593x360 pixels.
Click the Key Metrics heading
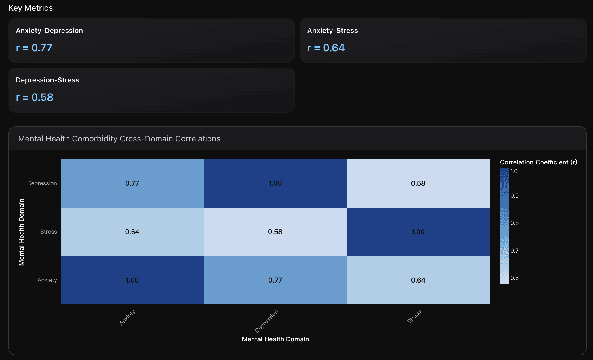(x=31, y=8)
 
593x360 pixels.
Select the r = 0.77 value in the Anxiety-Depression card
(x=34, y=48)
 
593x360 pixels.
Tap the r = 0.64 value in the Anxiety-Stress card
(x=326, y=48)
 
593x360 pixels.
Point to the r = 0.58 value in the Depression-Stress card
(x=35, y=97)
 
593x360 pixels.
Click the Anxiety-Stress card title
(x=332, y=31)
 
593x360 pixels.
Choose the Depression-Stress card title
(x=47, y=80)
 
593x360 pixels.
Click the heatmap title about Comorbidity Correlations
(x=119, y=139)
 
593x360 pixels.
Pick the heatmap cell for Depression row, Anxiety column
(x=132, y=183)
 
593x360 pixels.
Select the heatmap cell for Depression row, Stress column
(x=418, y=183)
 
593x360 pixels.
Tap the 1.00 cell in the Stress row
(x=418, y=232)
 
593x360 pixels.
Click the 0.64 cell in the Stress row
(x=132, y=232)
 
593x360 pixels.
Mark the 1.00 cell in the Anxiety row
(x=132, y=280)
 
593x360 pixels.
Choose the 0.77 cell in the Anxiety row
(x=275, y=280)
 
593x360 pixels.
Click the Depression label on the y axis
(x=42, y=183)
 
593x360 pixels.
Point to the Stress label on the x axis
(x=414, y=317)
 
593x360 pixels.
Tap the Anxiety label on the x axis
(x=128, y=318)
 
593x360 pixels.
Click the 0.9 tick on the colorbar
(x=514, y=196)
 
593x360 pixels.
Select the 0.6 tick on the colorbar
(x=514, y=278)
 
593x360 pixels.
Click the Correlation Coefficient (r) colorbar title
(x=538, y=162)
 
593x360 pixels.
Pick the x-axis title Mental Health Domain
(x=275, y=339)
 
